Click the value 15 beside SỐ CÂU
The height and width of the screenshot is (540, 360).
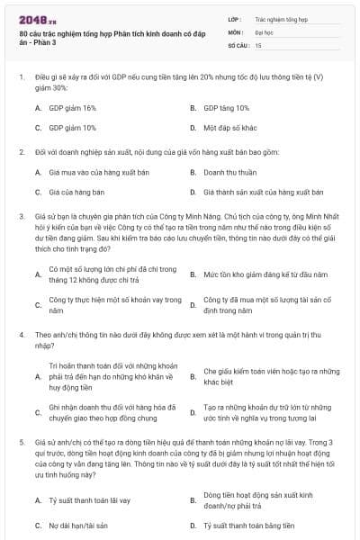click(259, 44)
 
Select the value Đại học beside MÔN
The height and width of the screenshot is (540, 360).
click(264, 31)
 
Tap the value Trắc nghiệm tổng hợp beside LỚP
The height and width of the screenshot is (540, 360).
click(280, 18)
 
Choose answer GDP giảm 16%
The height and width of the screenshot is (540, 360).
click(72, 107)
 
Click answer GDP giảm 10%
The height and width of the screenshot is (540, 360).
click(72, 128)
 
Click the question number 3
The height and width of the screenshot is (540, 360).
click(21, 217)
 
